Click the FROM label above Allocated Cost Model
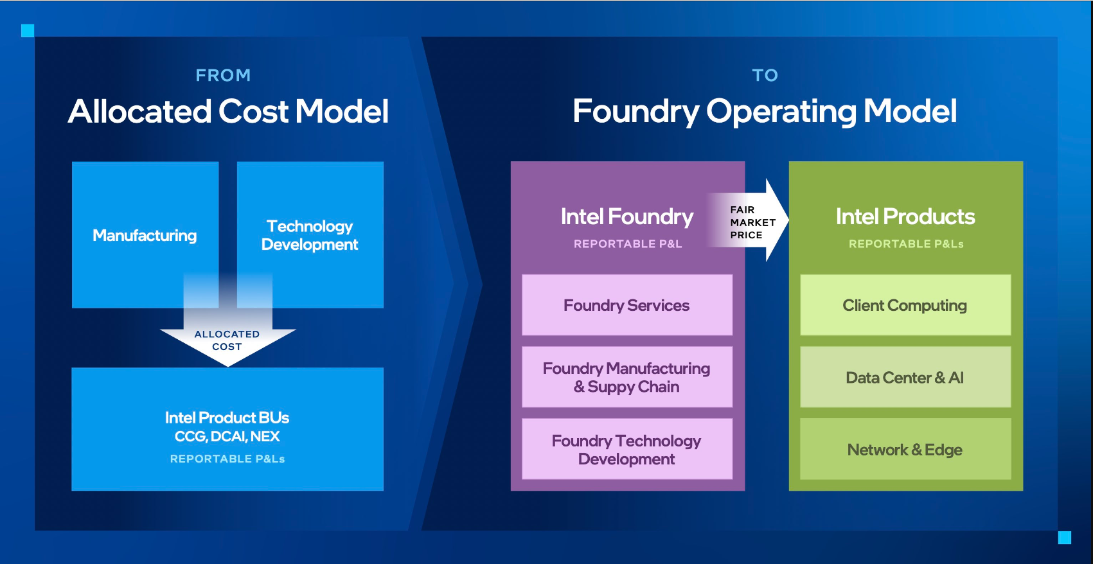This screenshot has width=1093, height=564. (x=223, y=75)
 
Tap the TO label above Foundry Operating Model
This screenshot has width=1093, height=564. (x=765, y=75)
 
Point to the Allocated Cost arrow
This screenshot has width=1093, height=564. (x=227, y=340)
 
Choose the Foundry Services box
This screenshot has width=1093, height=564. (x=626, y=305)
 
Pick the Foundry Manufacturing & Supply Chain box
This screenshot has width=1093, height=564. (x=626, y=377)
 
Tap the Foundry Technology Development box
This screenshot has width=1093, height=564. (x=626, y=449)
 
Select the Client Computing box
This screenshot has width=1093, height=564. (x=905, y=305)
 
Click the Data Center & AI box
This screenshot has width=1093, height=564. (x=905, y=377)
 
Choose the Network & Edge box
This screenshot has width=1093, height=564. (x=905, y=449)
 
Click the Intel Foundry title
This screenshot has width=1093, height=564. (x=626, y=216)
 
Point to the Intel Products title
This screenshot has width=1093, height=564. (x=905, y=216)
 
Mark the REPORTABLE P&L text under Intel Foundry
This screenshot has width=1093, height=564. (x=627, y=244)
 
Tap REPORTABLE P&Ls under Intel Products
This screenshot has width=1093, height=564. (x=906, y=244)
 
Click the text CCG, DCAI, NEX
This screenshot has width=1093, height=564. (x=227, y=437)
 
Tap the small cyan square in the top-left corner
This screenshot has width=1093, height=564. (x=28, y=30)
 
